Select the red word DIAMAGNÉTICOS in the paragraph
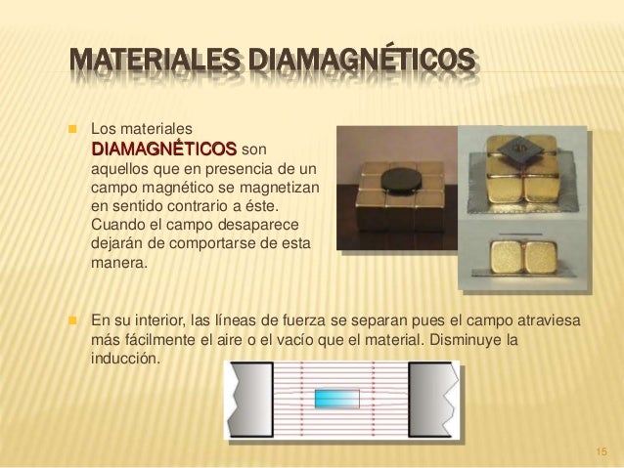pos(162,149)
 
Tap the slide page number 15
pos(601,450)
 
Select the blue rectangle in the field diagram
pos(338,399)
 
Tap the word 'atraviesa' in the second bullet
pos(549,320)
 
